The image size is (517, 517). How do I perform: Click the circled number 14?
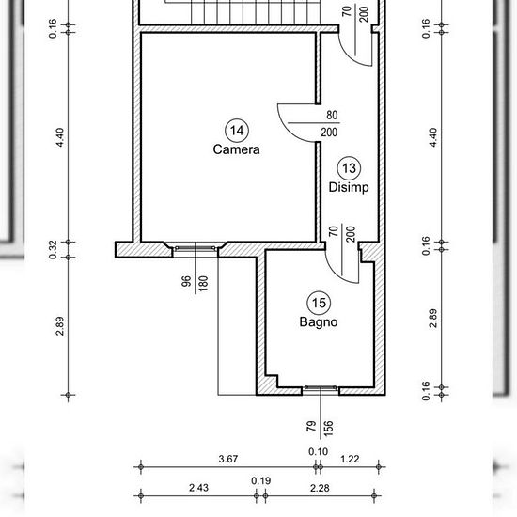[x=237, y=131]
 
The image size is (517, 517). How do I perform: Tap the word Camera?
[x=236, y=149]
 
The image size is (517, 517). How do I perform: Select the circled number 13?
[x=349, y=168]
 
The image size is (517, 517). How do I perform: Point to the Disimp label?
[x=349, y=187]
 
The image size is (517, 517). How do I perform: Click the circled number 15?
[x=319, y=303]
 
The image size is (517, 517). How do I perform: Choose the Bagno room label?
[x=319, y=321]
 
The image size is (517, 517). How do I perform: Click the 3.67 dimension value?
[x=228, y=459]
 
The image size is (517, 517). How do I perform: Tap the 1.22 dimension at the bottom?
[x=350, y=459]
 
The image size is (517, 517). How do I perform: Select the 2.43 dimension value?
[x=198, y=488]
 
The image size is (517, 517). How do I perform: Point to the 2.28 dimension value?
[x=320, y=488]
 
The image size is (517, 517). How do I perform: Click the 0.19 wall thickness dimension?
[x=261, y=480]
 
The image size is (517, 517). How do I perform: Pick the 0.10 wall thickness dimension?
[x=318, y=451]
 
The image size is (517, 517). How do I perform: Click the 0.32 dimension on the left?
[x=53, y=250]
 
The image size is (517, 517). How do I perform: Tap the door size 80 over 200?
[x=330, y=123]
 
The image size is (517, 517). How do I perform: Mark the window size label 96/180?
[x=196, y=284]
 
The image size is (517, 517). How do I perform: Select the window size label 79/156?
[x=321, y=429]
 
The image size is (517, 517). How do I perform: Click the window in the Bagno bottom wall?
[x=321, y=388]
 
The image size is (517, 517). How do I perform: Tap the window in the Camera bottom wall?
[x=196, y=248]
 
